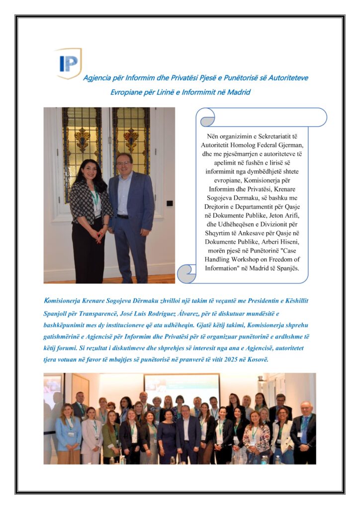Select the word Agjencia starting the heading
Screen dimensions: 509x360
click(96, 78)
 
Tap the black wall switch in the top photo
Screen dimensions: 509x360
click(170, 203)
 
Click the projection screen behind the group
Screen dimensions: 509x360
click(181, 386)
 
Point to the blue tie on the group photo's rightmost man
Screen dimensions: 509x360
click(304, 427)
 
